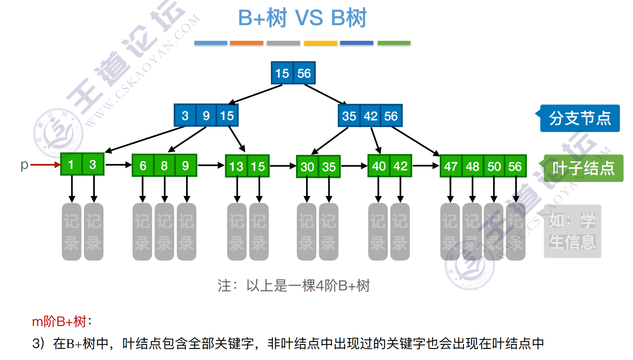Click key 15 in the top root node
click(282, 73)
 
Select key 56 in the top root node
click(304, 73)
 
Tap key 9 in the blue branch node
click(206, 116)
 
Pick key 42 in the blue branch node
click(371, 116)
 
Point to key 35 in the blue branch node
click(349, 116)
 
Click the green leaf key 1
click(71, 164)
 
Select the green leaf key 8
click(164, 166)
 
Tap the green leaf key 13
click(236, 166)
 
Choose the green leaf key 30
click(307, 167)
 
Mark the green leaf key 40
click(379, 166)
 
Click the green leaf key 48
click(472, 166)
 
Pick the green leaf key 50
click(494, 166)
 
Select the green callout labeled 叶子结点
click(583, 168)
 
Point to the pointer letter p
click(24, 165)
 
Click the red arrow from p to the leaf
click(45, 165)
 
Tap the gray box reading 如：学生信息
click(572, 231)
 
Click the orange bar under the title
click(246, 43)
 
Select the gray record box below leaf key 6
click(142, 232)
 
